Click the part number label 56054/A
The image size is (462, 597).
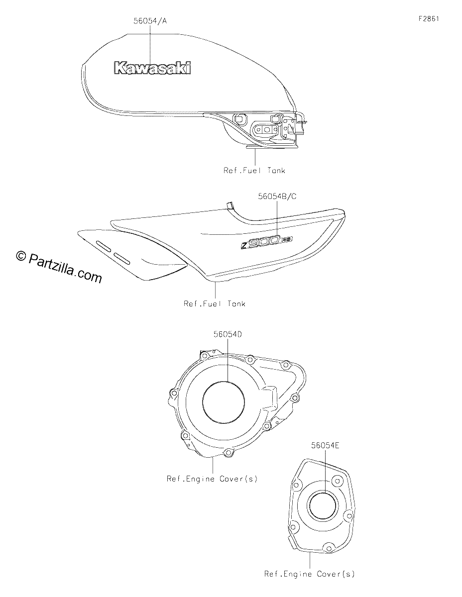(x=150, y=21)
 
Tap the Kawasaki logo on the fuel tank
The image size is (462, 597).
(x=152, y=68)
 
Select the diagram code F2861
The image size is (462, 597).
(x=429, y=19)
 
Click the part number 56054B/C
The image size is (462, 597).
(x=277, y=197)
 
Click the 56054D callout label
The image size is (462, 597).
(x=228, y=334)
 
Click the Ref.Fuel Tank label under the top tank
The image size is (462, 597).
(x=254, y=170)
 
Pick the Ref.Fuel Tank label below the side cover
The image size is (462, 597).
(x=215, y=303)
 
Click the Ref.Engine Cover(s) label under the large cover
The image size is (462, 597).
(x=212, y=479)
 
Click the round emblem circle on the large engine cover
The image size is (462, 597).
(x=223, y=402)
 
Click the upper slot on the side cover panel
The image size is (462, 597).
(x=104, y=246)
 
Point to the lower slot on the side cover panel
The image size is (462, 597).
(x=122, y=258)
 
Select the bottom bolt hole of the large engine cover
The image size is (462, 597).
(x=228, y=453)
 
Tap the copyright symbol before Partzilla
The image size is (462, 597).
(x=20, y=256)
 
